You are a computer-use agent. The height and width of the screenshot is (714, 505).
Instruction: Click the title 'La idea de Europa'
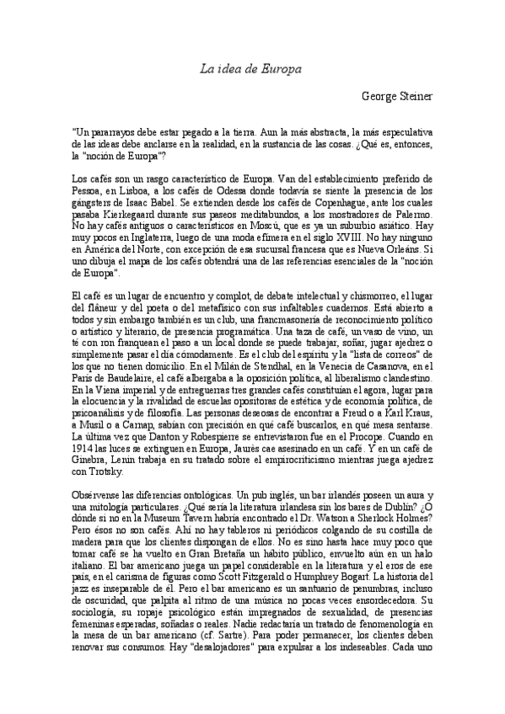click(x=251, y=69)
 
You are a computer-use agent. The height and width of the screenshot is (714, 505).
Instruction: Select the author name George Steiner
click(x=396, y=97)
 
